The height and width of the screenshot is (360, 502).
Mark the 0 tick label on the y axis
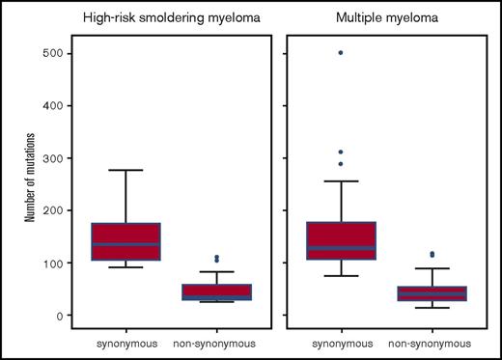[58, 316]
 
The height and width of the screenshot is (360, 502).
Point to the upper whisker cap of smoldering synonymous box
[125, 170]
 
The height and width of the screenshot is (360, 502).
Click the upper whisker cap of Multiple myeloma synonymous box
[341, 181]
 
